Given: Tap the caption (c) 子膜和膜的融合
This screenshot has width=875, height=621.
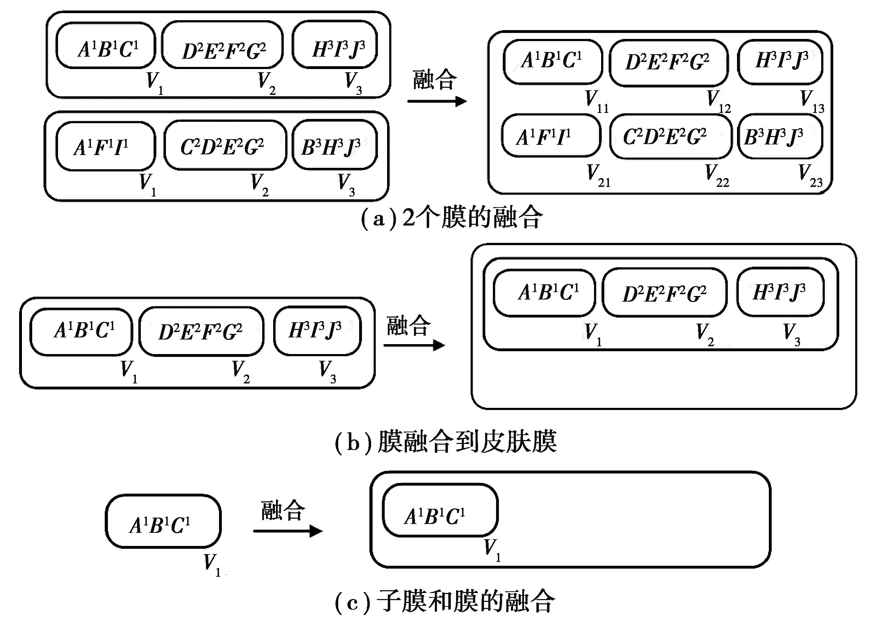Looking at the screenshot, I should click(x=444, y=602).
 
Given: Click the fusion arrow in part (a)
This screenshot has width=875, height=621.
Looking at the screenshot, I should click(x=437, y=101).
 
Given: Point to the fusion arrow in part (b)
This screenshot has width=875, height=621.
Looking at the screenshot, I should click(x=414, y=345).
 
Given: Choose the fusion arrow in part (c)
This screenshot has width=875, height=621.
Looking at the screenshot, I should click(x=287, y=531).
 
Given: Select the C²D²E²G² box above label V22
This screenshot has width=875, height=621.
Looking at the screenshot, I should click(x=670, y=137).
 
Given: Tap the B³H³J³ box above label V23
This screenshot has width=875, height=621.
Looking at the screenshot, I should click(x=779, y=137).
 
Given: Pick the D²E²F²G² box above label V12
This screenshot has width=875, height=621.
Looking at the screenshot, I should click(x=668, y=63).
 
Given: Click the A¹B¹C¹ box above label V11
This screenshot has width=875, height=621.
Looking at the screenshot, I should click(x=553, y=62).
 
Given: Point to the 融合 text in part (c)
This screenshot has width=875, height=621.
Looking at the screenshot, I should click(x=283, y=511).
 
